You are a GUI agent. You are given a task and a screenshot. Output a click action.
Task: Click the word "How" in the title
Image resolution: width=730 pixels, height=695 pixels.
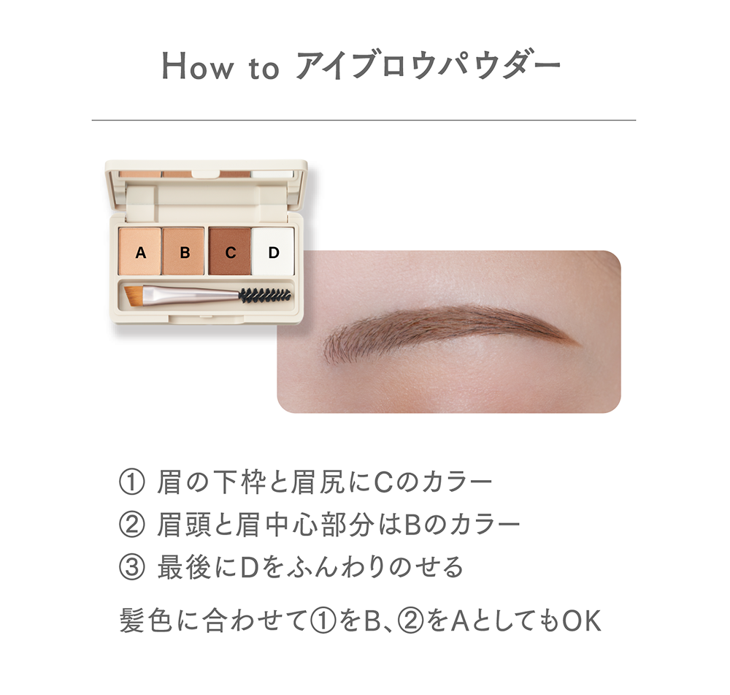[x=197, y=67]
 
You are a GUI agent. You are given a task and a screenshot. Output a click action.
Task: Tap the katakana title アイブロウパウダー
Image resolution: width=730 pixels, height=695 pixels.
[x=429, y=67]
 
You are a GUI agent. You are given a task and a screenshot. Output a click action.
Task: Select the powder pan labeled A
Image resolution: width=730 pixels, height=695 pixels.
[x=139, y=251]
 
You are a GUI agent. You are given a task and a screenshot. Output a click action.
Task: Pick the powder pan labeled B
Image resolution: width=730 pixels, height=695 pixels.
[x=183, y=251]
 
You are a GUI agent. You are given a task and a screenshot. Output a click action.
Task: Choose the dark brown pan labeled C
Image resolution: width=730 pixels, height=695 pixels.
[x=229, y=251]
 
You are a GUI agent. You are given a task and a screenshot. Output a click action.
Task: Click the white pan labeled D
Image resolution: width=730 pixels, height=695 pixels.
[x=273, y=251]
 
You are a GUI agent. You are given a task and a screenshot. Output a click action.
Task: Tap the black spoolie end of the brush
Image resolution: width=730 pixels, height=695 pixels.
[x=265, y=295]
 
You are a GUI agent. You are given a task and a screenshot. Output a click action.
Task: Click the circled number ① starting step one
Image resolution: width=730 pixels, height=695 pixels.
[x=131, y=482]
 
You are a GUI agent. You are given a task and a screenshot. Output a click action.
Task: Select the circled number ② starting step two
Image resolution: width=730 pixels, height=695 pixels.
[x=131, y=525]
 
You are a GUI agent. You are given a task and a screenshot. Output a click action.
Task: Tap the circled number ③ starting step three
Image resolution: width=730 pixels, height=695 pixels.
[x=131, y=568]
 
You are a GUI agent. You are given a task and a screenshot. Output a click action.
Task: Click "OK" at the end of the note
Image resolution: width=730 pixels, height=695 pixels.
[x=582, y=621]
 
